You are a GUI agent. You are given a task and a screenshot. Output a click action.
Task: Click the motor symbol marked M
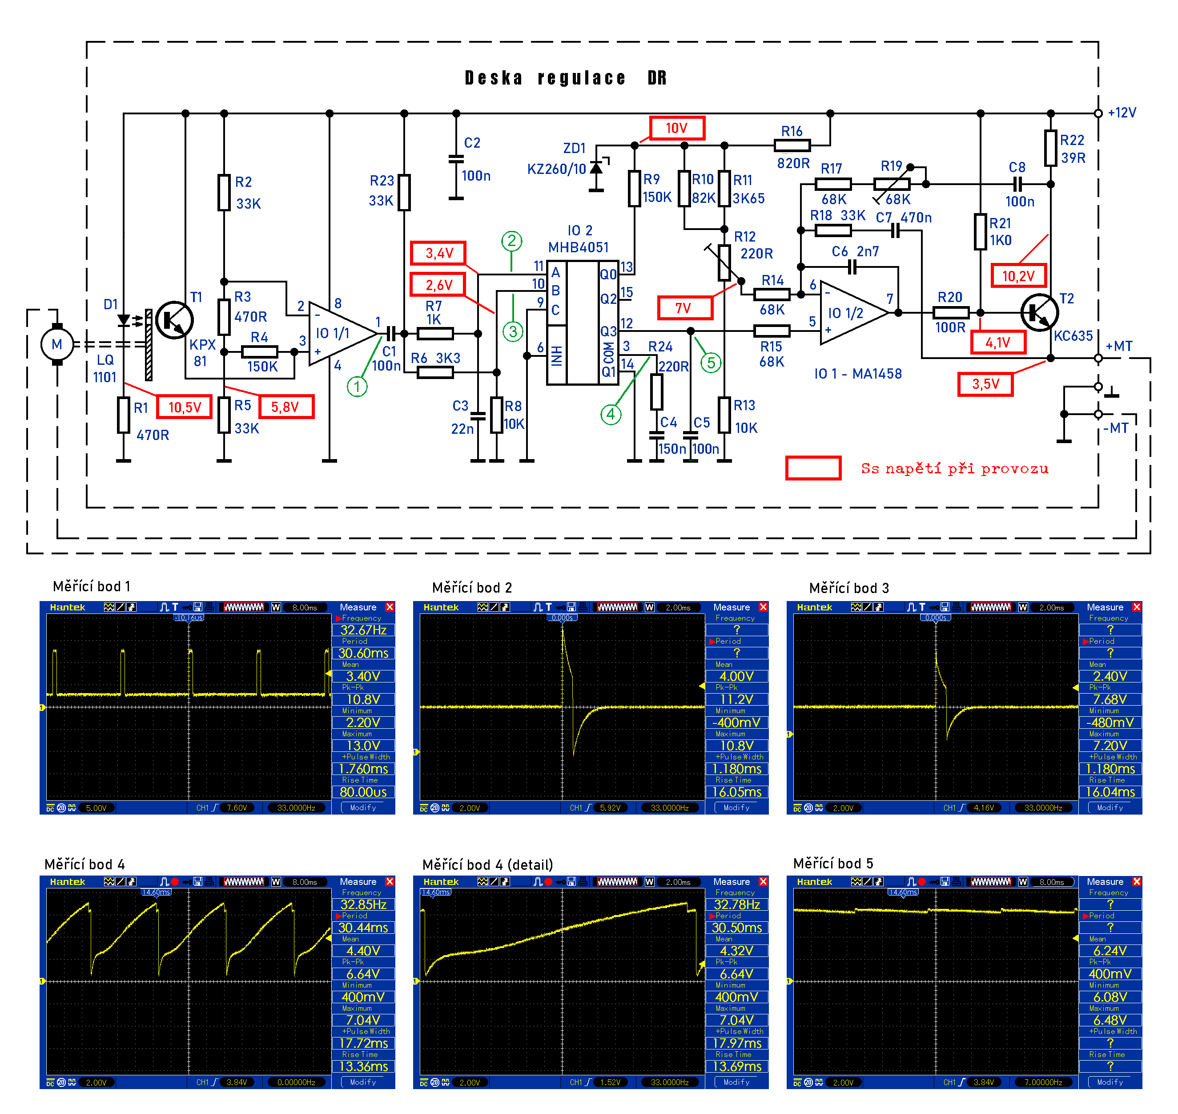(x=57, y=344)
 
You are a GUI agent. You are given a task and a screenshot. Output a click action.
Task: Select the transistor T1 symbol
(x=174, y=320)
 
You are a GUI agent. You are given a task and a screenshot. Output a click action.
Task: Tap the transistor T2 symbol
(x=1039, y=312)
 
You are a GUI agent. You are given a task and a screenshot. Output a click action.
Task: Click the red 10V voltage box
(x=676, y=128)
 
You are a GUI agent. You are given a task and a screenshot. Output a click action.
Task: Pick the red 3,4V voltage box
(x=438, y=254)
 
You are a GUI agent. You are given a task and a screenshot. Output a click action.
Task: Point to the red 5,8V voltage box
(x=285, y=407)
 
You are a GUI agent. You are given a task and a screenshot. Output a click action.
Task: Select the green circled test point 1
(x=357, y=387)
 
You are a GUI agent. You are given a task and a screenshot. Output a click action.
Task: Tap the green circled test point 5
(x=711, y=363)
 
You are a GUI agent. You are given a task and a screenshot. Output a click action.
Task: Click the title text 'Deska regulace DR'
(x=566, y=78)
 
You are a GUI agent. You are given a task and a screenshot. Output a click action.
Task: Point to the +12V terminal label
(x=1122, y=113)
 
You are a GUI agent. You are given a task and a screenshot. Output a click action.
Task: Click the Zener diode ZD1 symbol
(x=596, y=169)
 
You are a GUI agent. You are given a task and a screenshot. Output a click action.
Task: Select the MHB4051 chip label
(x=578, y=247)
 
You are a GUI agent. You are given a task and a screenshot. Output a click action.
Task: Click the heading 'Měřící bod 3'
(x=848, y=588)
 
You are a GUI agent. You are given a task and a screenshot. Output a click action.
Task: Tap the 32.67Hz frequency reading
(x=363, y=630)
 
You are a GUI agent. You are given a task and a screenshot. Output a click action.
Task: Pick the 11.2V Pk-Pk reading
(x=736, y=699)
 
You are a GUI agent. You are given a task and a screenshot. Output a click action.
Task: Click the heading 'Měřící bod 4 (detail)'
(x=487, y=864)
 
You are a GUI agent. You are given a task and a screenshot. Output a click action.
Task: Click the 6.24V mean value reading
(x=1110, y=951)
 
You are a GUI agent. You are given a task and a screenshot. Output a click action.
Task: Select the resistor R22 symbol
(x=1050, y=148)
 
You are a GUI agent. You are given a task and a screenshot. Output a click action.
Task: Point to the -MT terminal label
(x=1116, y=428)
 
